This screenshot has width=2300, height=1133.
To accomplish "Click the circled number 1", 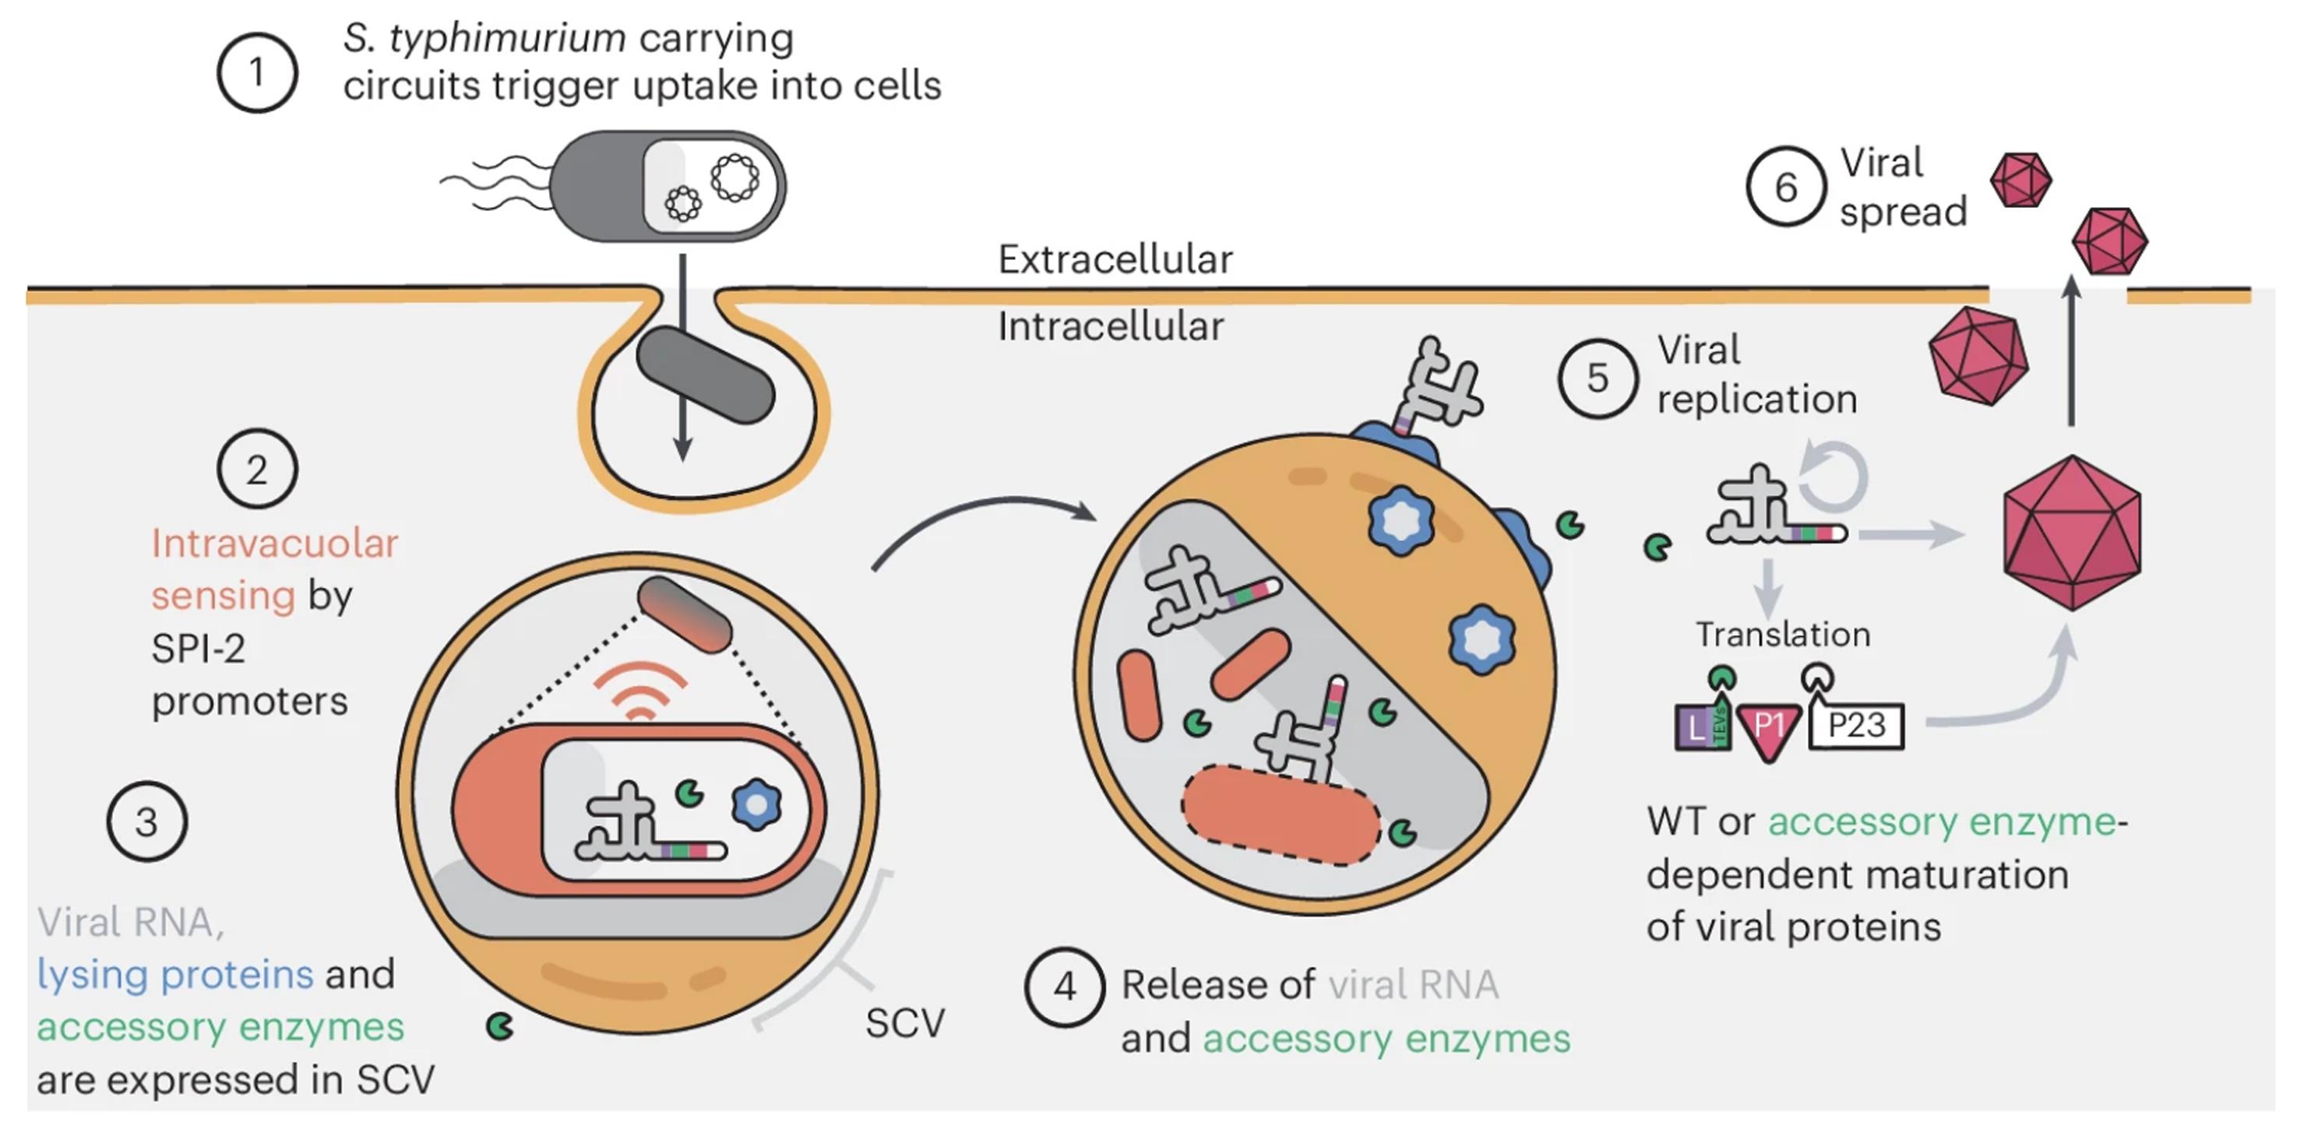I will point(257,72).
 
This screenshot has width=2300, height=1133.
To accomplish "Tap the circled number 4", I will point(1064,987).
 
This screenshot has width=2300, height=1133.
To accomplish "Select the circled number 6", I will point(1786,187).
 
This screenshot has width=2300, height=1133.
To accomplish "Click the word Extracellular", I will point(1115,260).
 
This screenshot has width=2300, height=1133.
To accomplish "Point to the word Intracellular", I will point(1110,327).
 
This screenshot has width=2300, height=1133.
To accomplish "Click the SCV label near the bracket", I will point(903,1023).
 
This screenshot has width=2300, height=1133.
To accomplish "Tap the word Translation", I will point(1782,635).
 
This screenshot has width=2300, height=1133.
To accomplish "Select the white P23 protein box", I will point(1856,726).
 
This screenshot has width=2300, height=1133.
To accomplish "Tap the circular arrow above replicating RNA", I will point(1834,477).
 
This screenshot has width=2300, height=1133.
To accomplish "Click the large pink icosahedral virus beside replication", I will point(2072,533).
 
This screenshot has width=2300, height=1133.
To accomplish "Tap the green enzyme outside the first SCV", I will point(500,1027).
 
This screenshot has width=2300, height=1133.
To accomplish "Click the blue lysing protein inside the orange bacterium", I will point(756,804).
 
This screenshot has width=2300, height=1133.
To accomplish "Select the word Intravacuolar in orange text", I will point(274,544).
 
